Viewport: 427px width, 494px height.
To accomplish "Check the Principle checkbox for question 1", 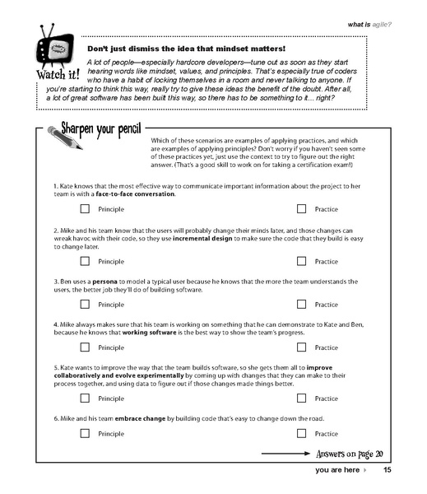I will coord(86,210).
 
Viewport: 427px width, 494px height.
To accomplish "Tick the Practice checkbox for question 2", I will coord(302,261).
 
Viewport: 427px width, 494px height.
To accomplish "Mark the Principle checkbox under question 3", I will coord(86,304).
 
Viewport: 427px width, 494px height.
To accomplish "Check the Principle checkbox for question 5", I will coord(86,398).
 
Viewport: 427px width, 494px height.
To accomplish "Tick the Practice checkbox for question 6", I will coord(302,432).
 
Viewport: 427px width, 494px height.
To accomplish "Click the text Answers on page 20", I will coord(350,453).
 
